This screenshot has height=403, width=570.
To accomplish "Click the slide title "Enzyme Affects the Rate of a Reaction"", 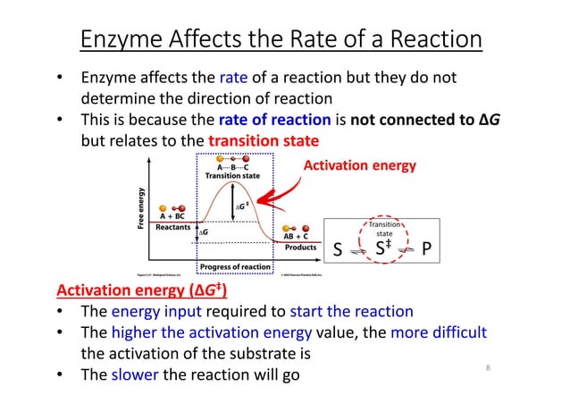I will click(x=281, y=40).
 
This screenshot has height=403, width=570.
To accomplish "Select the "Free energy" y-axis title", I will click(x=140, y=209).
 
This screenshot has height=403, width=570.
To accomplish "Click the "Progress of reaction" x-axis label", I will click(x=235, y=266).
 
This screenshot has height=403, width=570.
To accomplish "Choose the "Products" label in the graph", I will click(x=300, y=248).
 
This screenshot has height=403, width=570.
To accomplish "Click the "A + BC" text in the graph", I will click(x=172, y=215).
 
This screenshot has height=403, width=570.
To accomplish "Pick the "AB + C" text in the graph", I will click(x=301, y=236).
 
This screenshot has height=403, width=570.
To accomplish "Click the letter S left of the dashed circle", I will click(x=339, y=249).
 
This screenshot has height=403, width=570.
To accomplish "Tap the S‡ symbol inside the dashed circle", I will click(x=383, y=248).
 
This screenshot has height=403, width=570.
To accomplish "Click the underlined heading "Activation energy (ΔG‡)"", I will click(x=141, y=290).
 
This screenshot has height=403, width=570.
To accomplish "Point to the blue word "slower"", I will click(x=137, y=373).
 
